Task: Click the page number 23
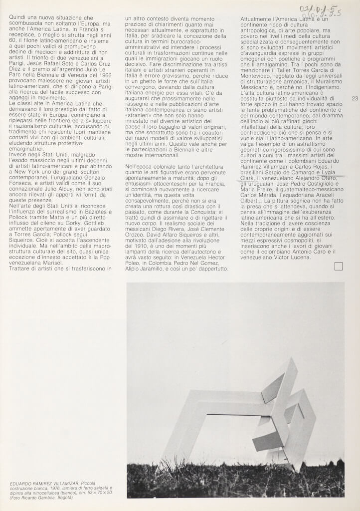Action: (x=355, y=99)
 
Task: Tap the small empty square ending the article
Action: (x=339, y=266)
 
